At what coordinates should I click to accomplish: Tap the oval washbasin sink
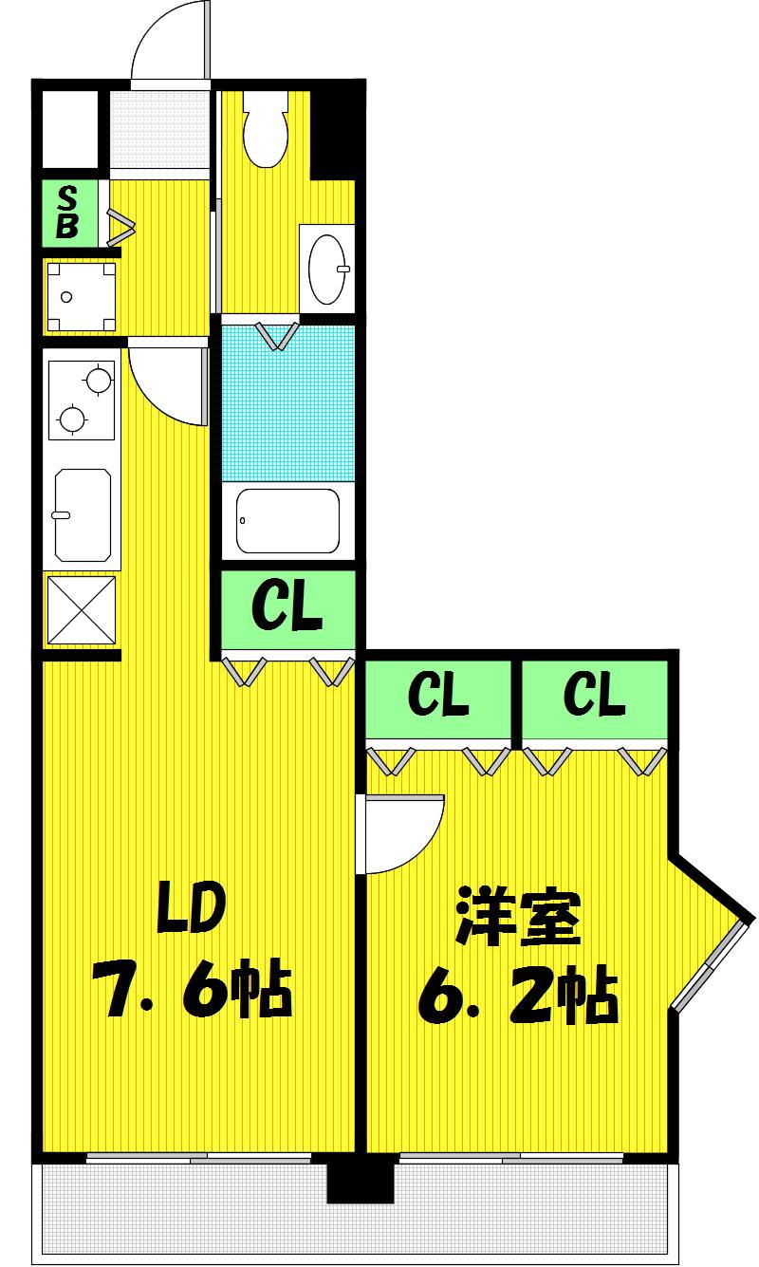click(x=327, y=269)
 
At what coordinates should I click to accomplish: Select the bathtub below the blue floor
click(x=287, y=520)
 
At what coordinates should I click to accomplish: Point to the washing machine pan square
click(x=81, y=296)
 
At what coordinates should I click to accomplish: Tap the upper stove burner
click(x=98, y=378)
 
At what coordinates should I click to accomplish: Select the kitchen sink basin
click(x=83, y=514)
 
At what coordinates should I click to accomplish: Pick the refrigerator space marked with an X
click(x=82, y=609)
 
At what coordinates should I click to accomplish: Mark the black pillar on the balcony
click(x=361, y=1181)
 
